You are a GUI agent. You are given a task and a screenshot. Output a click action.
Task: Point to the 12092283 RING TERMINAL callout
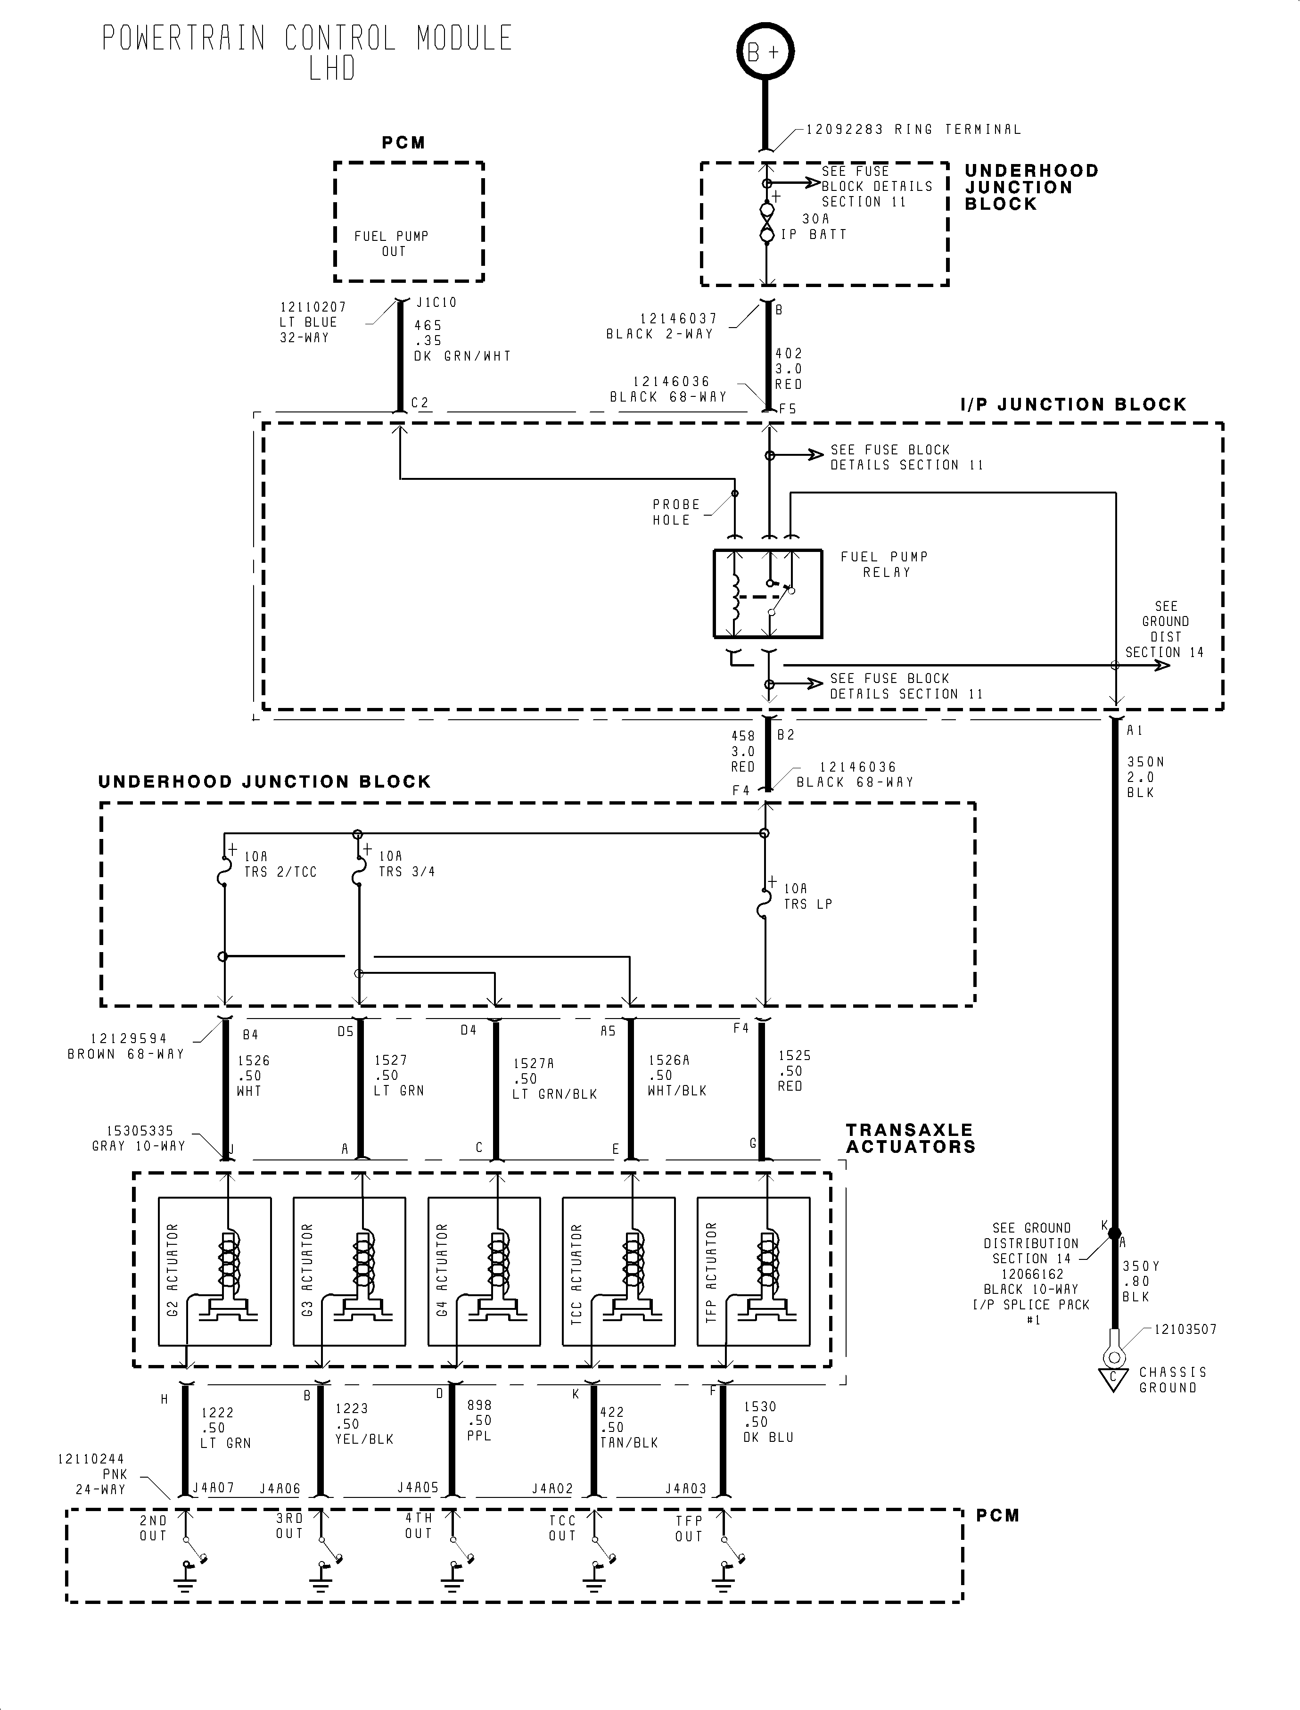(913, 129)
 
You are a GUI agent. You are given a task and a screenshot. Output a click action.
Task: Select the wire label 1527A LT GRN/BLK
(554, 1078)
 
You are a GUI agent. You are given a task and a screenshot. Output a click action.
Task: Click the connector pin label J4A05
(418, 1487)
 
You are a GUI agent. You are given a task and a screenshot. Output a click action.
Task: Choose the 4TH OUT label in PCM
(419, 1525)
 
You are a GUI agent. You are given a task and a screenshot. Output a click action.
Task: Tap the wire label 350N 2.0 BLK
(1144, 777)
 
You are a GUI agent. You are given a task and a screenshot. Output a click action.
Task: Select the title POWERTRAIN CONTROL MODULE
(307, 39)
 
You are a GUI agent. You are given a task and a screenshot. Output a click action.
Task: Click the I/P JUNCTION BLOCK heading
(1072, 405)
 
